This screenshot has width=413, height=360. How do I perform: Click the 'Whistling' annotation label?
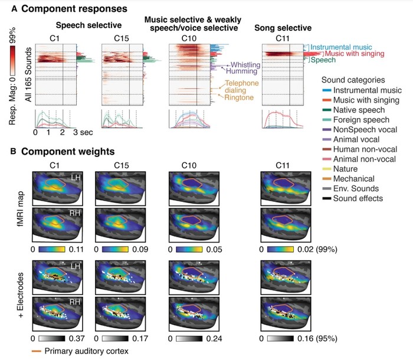245,65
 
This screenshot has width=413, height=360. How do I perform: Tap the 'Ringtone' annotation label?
239,97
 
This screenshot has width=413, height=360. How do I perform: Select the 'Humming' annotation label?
241,71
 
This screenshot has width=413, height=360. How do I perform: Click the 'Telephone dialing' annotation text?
242,87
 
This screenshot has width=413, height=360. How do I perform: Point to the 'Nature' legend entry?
345,169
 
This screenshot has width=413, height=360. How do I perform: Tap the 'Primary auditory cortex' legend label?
86,351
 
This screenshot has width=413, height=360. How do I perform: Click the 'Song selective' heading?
283,28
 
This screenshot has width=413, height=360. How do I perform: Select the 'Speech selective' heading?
88,25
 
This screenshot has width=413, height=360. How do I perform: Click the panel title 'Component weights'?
68,152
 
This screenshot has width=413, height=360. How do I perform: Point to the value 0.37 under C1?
77,338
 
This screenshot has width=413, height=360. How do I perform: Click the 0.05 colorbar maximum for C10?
214,249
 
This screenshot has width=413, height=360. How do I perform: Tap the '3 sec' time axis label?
83,132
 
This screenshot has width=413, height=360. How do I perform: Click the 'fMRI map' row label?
21,209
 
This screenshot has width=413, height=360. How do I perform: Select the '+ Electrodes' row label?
21,295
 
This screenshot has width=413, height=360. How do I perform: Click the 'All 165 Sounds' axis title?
28,74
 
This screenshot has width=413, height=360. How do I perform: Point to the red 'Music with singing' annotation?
355,54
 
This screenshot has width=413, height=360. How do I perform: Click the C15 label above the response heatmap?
122,38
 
